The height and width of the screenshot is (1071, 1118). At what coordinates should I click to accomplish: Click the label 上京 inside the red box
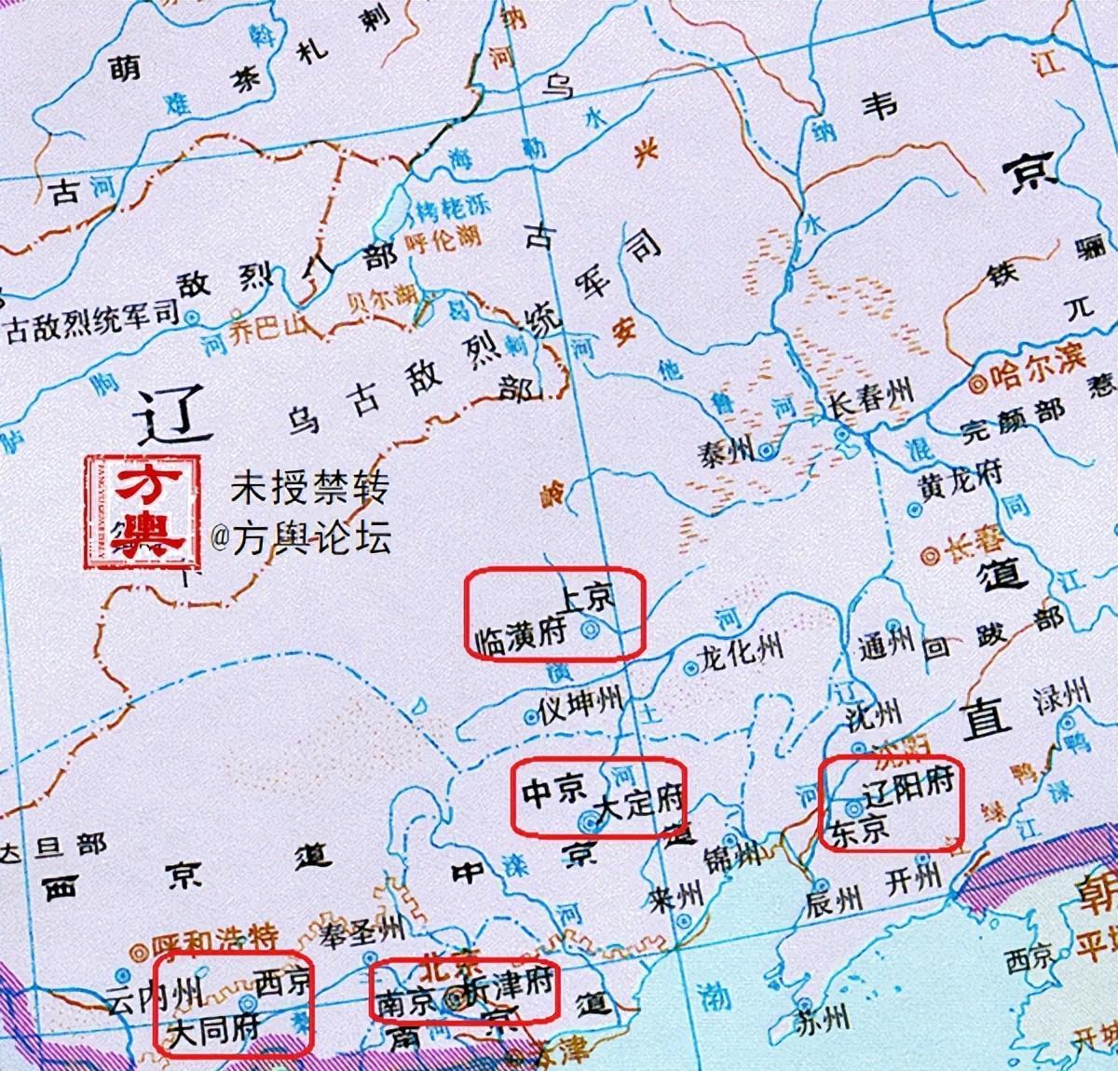[x=587, y=597]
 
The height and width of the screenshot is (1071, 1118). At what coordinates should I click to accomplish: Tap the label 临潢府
[x=521, y=637]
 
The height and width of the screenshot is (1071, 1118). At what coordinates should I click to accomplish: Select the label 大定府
[x=640, y=803]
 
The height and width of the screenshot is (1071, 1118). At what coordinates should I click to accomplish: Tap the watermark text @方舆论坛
[x=300, y=539]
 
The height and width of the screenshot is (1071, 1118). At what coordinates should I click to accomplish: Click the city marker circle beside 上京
[x=589, y=630]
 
